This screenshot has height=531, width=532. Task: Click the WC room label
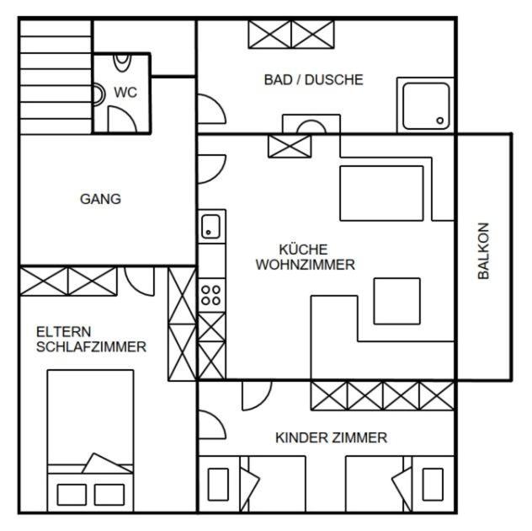click(x=125, y=93)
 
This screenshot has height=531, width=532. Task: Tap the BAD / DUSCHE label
click(x=313, y=80)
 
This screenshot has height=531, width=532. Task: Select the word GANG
click(x=100, y=199)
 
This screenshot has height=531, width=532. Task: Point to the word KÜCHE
click(x=303, y=249)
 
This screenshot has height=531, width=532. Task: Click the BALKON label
click(x=483, y=250)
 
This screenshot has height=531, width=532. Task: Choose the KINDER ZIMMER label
click(x=331, y=437)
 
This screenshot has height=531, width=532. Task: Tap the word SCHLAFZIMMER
click(x=91, y=347)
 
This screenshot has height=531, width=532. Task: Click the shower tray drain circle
click(x=440, y=121)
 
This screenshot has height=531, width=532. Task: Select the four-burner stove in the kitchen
click(x=211, y=295)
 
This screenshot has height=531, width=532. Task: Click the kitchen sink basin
click(x=210, y=226)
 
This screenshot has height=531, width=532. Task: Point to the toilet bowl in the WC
click(x=122, y=63)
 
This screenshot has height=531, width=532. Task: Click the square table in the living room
click(x=397, y=301)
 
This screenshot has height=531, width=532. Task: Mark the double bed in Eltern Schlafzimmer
click(x=91, y=440)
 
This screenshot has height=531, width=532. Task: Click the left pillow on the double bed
click(x=72, y=495)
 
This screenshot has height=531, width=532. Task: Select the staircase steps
click(x=56, y=77)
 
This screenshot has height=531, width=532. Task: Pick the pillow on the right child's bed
click(x=433, y=484)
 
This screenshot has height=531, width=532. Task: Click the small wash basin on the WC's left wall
click(x=98, y=94)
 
